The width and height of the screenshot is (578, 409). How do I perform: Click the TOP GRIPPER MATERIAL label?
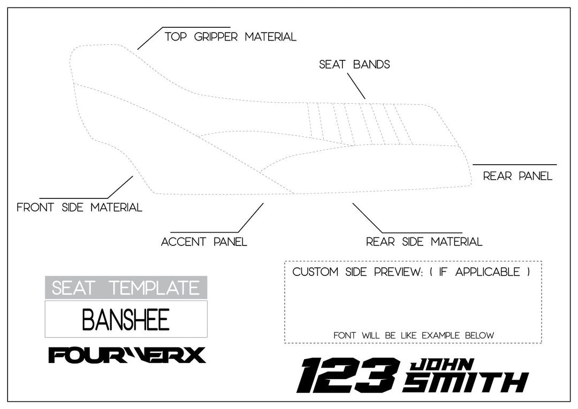(230, 37)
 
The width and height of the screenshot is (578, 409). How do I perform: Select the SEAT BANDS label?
(354, 65)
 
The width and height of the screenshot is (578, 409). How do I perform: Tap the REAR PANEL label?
(518, 176)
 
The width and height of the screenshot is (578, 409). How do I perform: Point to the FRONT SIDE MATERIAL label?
(79, 207)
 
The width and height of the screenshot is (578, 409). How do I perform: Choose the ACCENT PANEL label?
(204, 242)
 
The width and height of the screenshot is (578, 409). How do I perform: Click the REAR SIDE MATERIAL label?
(424, 242)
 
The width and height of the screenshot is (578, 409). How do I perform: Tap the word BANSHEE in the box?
(126, 319)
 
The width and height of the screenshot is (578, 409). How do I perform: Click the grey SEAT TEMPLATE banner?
(126, 288)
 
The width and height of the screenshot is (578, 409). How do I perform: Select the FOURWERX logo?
(127, 355)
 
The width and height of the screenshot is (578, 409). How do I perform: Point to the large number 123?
(348, 375)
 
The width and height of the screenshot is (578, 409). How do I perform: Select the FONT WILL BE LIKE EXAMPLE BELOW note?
(413, 335)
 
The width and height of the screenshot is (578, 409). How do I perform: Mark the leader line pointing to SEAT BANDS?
(356, 86)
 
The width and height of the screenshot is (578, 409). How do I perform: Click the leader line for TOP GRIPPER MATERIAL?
(150, 38)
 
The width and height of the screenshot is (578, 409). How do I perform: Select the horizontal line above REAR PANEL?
(514, 165)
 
